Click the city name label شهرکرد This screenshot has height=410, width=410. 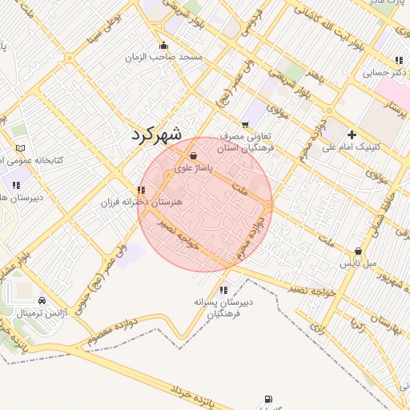[x=157, y=133]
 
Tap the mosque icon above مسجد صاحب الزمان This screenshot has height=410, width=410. [x=164, y=45]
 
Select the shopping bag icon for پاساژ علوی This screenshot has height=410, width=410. [x=193, y=155]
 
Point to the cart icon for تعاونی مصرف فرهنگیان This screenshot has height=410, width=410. [x=245, y=124]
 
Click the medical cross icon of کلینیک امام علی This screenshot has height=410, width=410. [x=352, y=134]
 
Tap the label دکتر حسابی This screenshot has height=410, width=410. [x=380, y=72]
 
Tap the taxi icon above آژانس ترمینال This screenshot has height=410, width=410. [x=42, y=300]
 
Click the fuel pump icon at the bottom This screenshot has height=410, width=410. [x=267, y=399]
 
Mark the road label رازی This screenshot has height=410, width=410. [x=317, y=328]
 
